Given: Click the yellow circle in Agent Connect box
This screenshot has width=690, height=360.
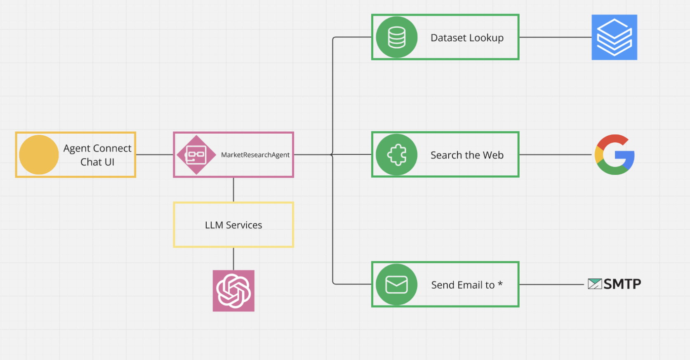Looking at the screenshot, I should click(x=39, y=155).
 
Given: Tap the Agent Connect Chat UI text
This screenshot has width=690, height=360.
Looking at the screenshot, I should click(x=97, y=155).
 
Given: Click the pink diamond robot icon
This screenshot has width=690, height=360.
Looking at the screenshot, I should click(x=196, y=155).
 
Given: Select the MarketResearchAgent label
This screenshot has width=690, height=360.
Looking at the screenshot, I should click(x=255, y=155).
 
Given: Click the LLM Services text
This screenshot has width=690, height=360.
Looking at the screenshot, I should click(x=233, y=225).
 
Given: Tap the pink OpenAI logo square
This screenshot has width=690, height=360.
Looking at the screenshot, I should click(x=233, y=291).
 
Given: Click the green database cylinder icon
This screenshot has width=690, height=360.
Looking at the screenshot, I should click(x=396, y=37).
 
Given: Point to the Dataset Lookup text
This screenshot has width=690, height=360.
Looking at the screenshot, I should click(x=467, y=38).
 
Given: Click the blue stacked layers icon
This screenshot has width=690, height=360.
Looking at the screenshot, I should click(x=614, y=37).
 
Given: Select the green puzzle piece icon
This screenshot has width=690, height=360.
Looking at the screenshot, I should click(x=396, y=155).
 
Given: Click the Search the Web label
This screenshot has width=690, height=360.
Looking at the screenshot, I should click(x=467, y=155).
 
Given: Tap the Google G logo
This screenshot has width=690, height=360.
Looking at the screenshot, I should click(x=614, y=155).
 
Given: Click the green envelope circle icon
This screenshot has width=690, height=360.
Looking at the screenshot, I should click(x=396, y=285).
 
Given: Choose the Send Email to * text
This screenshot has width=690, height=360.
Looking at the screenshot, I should click(x=466, y=285).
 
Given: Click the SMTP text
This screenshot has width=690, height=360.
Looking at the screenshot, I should click(x=622, y=284).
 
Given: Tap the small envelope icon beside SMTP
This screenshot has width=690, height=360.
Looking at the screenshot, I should click(x=594, y=284).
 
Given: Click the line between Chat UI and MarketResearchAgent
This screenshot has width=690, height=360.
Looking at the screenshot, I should click(x=154, y=155).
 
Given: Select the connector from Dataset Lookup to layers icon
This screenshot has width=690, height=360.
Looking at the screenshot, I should click(x=555, y=37).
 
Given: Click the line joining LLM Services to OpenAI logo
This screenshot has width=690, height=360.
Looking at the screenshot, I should click(x=233, y=259).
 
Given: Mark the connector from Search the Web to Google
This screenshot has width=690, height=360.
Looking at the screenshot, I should click(x=555, y=155).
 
